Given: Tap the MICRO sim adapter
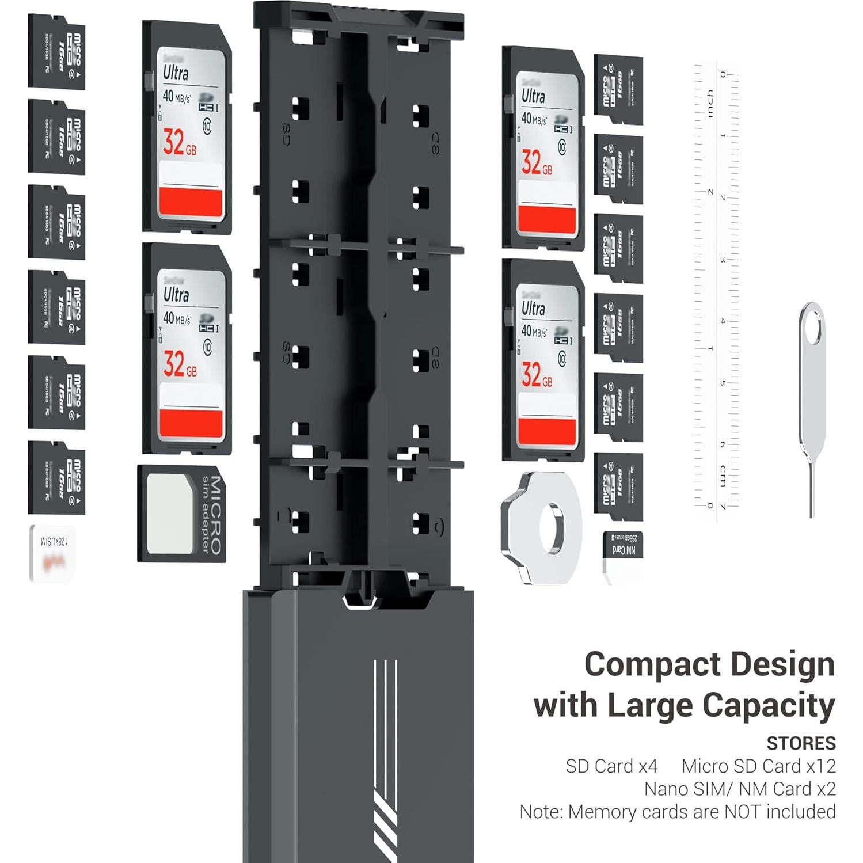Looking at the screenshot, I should pos(181,514).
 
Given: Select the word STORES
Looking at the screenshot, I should pos(801,743).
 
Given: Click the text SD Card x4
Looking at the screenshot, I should pos(611,766).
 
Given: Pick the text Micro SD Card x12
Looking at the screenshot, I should pos(758,766).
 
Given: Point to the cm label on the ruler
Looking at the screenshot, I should pos(722,476).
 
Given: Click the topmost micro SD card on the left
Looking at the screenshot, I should pos(56,52).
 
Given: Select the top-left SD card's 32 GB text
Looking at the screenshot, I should pos(180,142).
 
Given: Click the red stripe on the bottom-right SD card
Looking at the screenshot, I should pos(547,431).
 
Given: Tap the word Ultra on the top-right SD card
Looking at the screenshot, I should pos(533,96).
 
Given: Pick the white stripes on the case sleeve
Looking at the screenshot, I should pos(385,760).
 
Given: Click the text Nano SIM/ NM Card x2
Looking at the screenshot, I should pos(740,789).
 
